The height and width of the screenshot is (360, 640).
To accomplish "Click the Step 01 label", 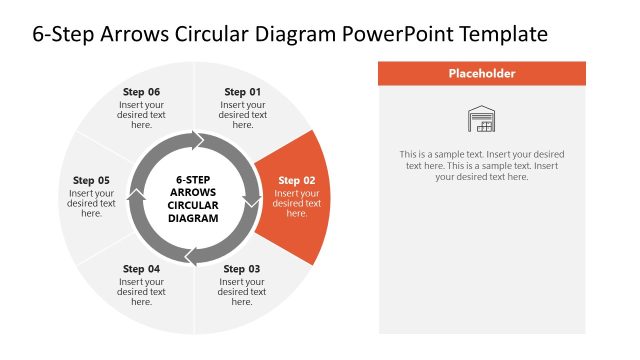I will [243, 92].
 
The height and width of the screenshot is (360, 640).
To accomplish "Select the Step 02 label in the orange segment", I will [297, 181].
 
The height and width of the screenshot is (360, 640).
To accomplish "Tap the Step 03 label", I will [242, 269].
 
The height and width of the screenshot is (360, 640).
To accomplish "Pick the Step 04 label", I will [141, 269].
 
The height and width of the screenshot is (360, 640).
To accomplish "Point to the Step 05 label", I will [91, 181].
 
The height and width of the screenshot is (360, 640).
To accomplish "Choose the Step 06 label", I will [141, 92].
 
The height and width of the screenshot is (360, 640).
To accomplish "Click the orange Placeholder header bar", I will [482, 73].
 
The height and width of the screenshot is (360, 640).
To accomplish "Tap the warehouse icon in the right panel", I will [482, 119].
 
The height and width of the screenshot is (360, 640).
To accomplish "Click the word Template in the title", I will [503, 33].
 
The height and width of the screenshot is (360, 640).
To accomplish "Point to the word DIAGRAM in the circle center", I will [193, 217].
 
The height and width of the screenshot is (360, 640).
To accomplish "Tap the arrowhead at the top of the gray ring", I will [199, 139].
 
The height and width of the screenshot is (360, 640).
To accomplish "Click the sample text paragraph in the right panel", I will [482, 165].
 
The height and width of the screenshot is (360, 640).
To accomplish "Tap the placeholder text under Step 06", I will [141, 114].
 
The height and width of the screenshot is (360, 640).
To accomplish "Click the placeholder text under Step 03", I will [242, 291].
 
